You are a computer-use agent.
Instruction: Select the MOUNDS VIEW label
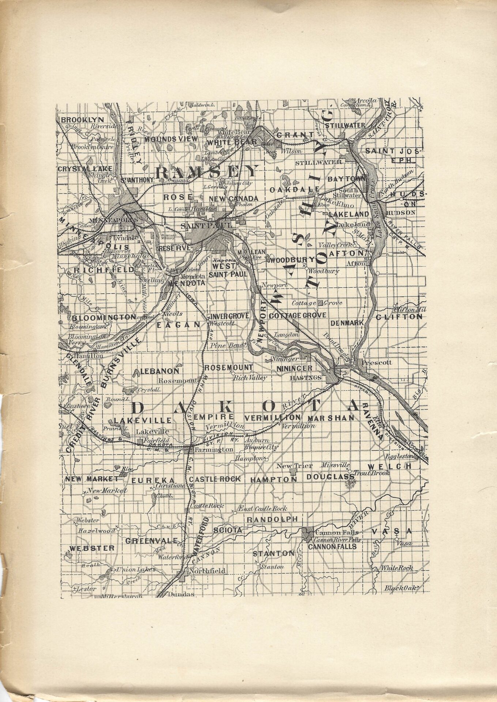171,139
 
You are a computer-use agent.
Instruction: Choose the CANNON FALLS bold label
332,547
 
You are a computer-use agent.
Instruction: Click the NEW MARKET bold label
92,479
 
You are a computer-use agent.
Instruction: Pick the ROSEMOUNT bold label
228,367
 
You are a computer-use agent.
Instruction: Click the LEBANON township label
160,371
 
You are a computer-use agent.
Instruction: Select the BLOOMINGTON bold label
104,317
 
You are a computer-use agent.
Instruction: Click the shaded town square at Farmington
191,449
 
